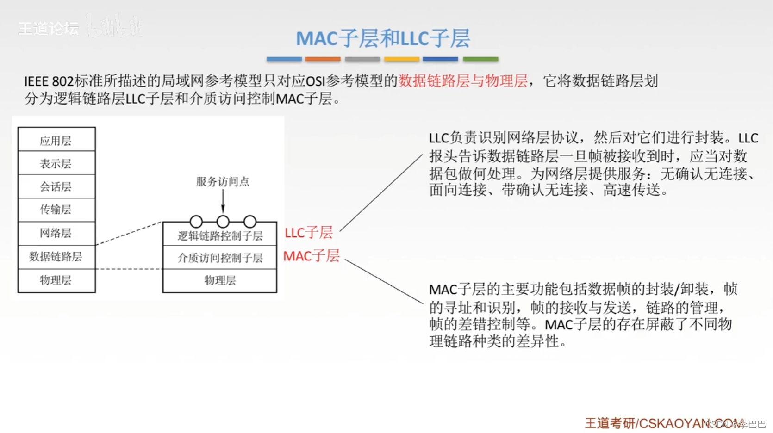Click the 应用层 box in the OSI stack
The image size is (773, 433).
click(56, 140)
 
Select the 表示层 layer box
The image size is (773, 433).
click(56, 163)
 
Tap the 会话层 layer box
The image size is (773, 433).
click(56, 186)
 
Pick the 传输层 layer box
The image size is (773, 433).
click(56, 210)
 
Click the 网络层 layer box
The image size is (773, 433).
click(56, 233)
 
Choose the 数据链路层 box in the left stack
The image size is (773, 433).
click(56, 256)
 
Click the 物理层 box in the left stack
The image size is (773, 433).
click(56, 280)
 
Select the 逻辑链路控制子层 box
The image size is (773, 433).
click(220, 236)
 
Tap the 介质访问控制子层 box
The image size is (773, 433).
click(220, 258)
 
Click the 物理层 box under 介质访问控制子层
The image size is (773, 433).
click(220, 280)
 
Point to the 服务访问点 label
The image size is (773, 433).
click(223, 181)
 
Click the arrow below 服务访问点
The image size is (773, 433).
click(223, 202)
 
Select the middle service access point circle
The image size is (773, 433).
click(223, 222)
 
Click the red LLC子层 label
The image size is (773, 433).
click(308, 233)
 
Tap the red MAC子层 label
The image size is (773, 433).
click(311, 255)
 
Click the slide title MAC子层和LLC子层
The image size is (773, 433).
click(383, 38)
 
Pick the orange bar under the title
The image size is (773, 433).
click(323, 59)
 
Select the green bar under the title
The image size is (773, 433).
click(480, 59)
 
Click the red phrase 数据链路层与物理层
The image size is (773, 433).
click(463, 81)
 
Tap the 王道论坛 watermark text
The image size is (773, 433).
click(49, 29)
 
